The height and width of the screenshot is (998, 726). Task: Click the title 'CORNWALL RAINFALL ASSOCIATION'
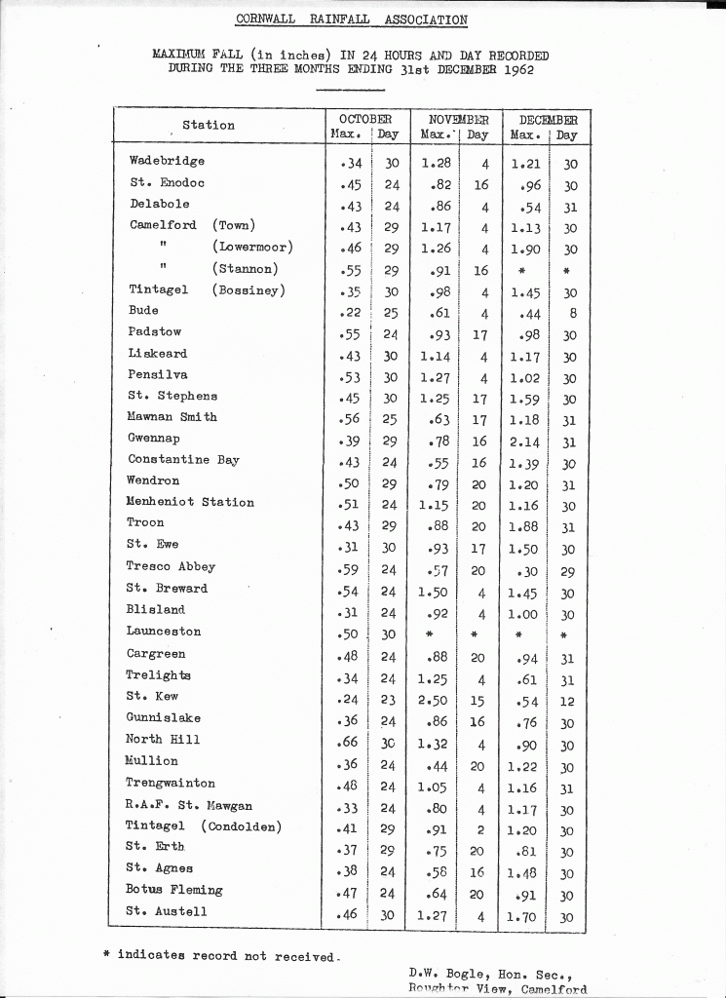(x=352, y=19)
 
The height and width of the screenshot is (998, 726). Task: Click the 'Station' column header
(x=209, y=125)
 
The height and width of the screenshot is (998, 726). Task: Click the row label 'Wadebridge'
(x=167, y=161)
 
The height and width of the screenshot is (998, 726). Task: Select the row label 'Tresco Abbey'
(x=171, y=566)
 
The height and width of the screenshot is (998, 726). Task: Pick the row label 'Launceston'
(x=164, y=632)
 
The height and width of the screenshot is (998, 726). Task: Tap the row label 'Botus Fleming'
(x=174, y=890)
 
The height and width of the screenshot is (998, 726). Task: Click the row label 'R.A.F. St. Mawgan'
(x=189, y=806)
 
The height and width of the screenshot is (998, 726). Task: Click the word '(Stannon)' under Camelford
(x=246, y=269)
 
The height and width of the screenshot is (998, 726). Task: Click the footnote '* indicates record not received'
(x=221, y=956)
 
